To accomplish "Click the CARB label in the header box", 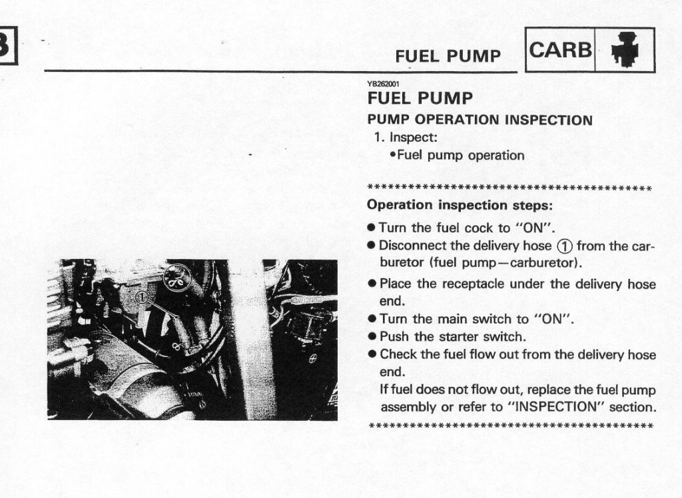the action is coord(560,50).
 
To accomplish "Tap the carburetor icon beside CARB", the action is coord(625,49).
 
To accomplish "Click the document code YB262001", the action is coord(383,85).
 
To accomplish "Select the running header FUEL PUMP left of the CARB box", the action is coord(448,56).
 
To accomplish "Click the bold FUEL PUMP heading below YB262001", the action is coord(420,99).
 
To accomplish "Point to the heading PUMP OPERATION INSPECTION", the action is coord(480,120).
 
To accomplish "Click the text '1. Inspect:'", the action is coord(406,137).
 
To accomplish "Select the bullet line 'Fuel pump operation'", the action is coord(457,155).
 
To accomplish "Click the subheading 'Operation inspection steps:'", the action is coord(460,205).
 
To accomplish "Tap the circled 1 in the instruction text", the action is coord(564,246).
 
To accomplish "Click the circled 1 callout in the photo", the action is coord(142,298).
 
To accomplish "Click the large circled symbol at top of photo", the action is coord(177,277).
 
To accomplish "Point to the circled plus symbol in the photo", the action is coord(312,360).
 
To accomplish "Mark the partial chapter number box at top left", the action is coord(9,45).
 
